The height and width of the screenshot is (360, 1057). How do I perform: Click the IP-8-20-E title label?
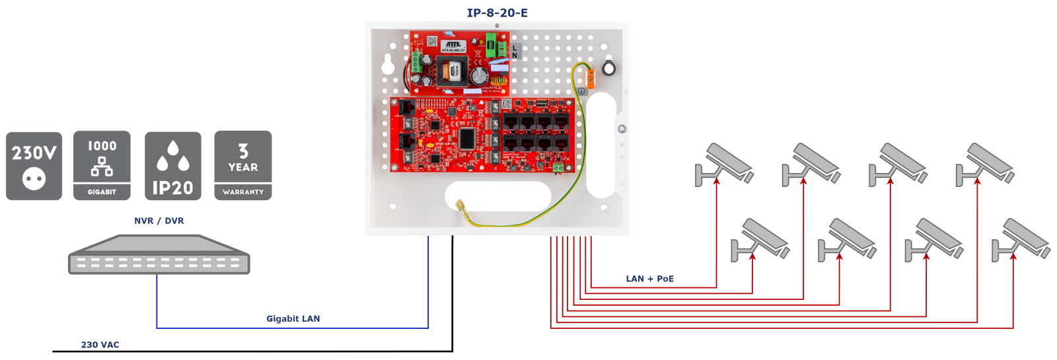(x=497, y=12)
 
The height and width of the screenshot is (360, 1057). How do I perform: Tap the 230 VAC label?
(x=100, y=344)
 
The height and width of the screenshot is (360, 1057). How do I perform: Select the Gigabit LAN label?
(x=293, y=318)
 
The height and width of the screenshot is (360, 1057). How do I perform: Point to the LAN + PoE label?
(x=649, y=279)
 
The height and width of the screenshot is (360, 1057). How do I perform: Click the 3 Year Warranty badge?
(x=243, y=165)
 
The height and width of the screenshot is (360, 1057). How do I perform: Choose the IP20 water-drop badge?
(x=173, y=165)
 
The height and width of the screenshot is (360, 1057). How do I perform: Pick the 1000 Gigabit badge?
(x=102, y=165)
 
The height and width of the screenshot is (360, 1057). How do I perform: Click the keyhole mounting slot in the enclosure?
(x=388, y=64)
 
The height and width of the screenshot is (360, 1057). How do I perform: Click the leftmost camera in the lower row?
(x=760, y=240)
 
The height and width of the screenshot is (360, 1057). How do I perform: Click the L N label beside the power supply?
(x=515, y=52)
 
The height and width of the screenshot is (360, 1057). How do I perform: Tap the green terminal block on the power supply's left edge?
(x=416, y=63)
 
